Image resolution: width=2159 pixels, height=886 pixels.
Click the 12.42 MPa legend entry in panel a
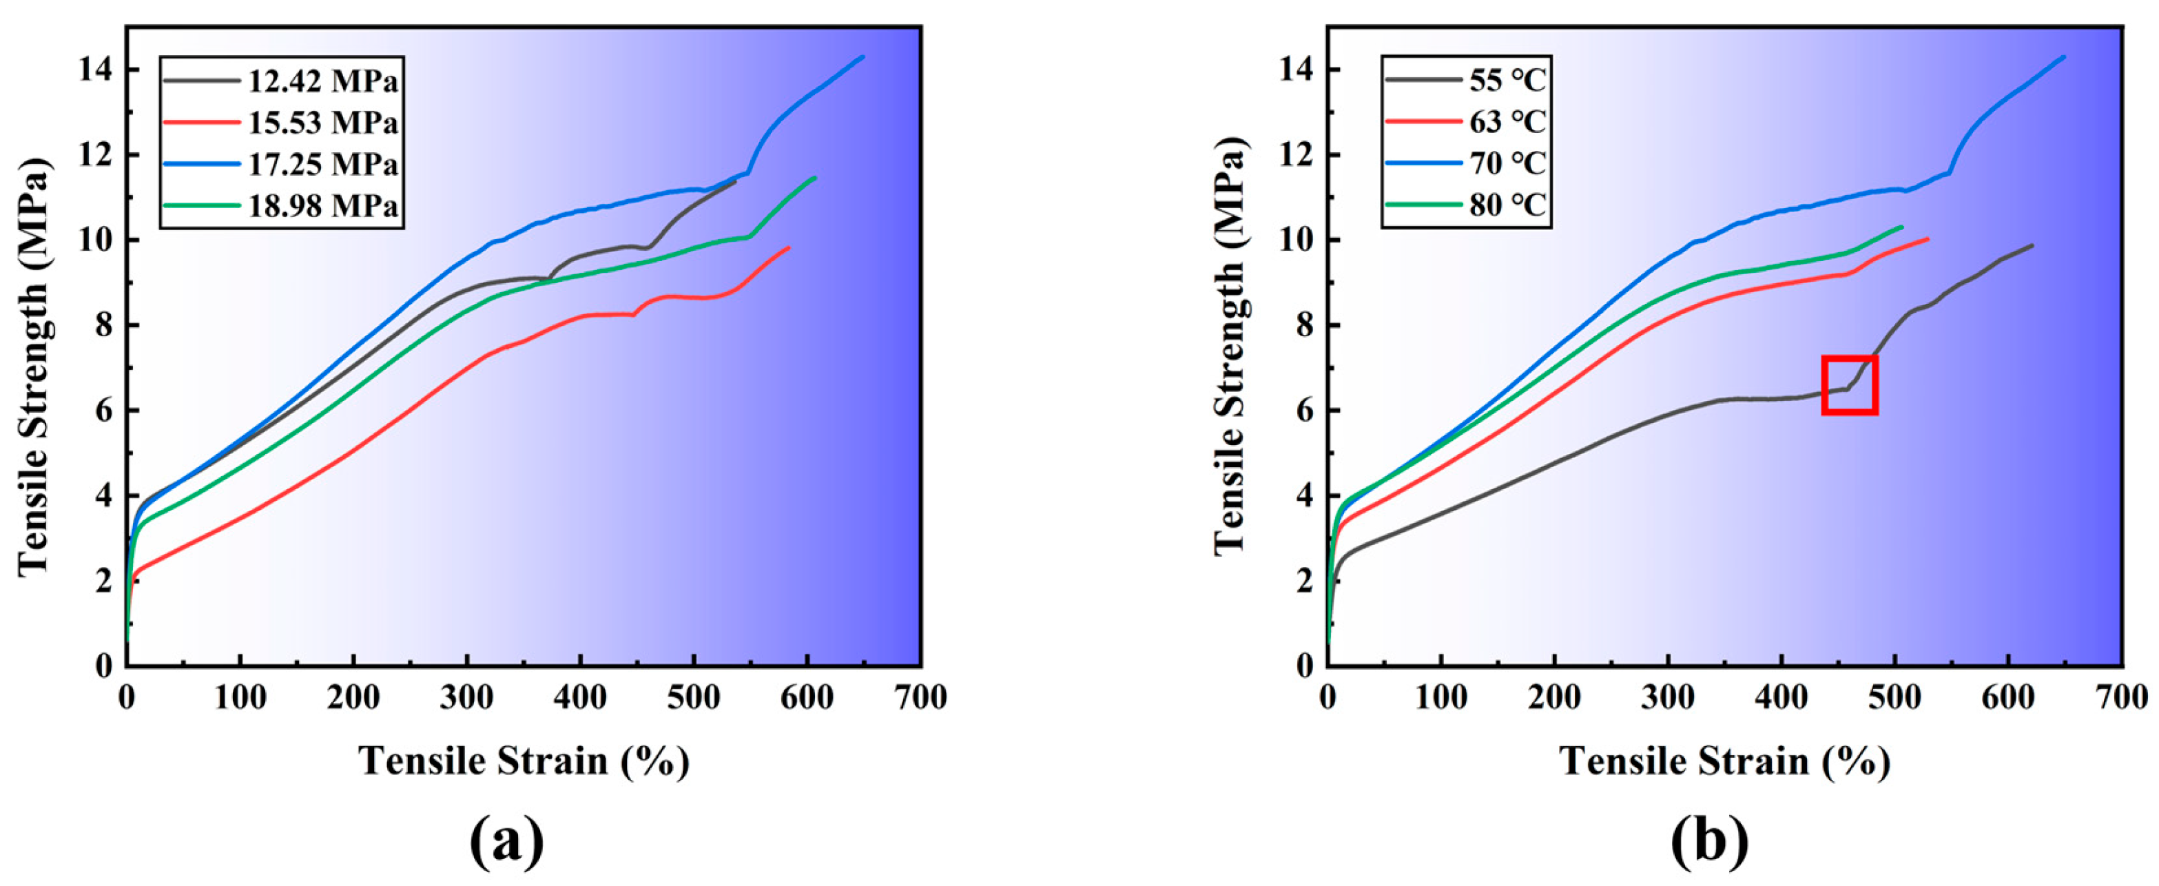coord(322,81)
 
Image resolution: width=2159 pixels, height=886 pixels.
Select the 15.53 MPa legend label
coord(322,123)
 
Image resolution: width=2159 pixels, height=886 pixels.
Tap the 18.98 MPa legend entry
coord(322,206)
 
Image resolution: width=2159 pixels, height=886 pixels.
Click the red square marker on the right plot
coord(1850,384)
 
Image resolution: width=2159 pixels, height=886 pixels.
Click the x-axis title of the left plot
coord(524,761)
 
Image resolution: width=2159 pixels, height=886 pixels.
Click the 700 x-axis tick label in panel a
coord(920,697)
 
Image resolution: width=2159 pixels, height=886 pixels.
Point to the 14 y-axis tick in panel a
coord(96,70)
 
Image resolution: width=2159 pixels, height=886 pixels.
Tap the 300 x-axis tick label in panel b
coord(1668,697)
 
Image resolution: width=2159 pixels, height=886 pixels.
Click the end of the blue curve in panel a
coord(863,57)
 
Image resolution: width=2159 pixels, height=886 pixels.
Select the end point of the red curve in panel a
coord(789,247)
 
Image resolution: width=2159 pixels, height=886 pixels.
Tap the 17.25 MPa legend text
coord(322,164)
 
